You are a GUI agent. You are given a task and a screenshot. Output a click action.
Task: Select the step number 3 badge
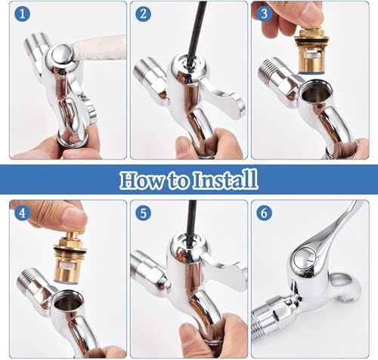pyautogui.click(x=265, y=14)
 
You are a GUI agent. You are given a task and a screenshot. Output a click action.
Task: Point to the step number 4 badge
pyautogui.click(x=22, y=213)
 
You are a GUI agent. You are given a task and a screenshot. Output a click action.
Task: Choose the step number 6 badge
pyautogui.click(x=265, y=213)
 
